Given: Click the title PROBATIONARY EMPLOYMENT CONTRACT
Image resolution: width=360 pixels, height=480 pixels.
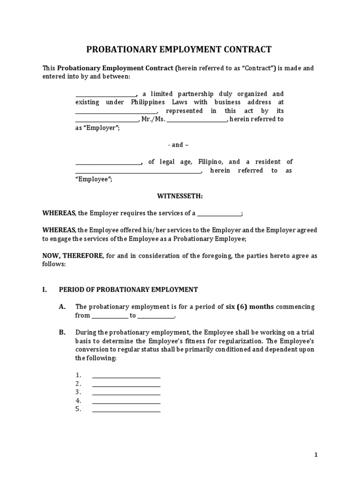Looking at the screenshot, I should [x=180, y=50].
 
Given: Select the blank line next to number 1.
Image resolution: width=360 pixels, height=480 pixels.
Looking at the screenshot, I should [x=126, y=375].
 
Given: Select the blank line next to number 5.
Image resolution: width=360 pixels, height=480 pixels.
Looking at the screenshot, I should [x=126, y=409].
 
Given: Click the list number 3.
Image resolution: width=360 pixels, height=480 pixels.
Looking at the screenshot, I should [x=78, y=392].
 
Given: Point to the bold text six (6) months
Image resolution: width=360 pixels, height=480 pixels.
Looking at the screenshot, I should [x=249, y=307].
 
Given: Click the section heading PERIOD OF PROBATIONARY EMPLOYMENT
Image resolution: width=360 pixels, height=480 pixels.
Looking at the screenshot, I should [x=128, y=290].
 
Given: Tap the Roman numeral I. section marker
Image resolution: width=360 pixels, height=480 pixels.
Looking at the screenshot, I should [x=45, y=290].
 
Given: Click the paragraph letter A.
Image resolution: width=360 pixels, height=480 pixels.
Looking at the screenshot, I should [x=62, y=307].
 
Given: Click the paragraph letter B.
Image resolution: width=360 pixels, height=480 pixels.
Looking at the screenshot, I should [x=62, y=332].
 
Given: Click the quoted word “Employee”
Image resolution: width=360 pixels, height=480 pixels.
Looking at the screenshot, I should [x=97, y=179].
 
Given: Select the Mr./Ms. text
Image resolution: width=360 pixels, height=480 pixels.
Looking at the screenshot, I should [x=153, y=119].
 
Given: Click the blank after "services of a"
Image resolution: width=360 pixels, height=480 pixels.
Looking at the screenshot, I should [x=219, y=213].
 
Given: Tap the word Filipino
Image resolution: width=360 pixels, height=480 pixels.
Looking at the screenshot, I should [x=210, y=162].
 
